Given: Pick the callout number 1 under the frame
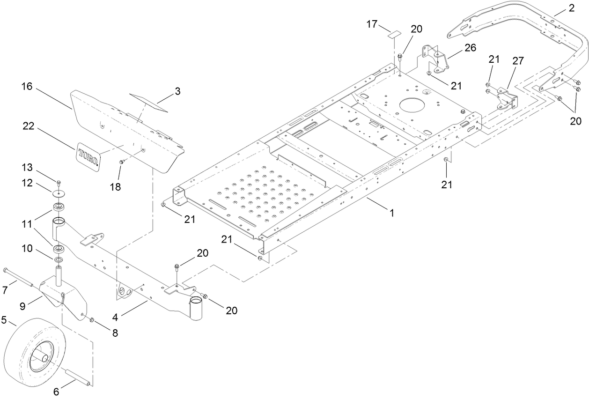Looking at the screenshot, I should (x=391, y=212).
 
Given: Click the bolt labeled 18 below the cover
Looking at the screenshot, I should (x=121, y=162).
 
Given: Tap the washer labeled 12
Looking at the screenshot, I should (x=59, y=192).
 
